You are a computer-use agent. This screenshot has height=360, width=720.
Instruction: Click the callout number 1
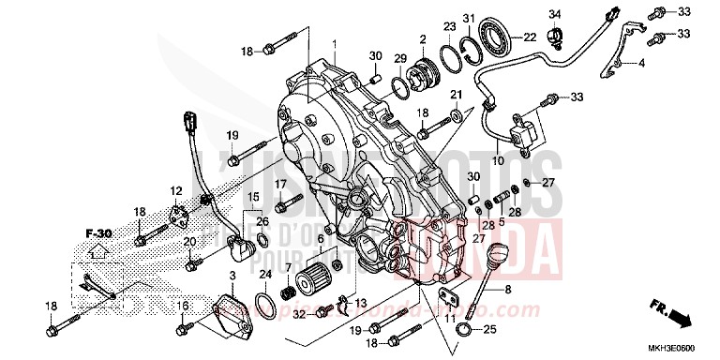pyautogui.click(x=333, y=44)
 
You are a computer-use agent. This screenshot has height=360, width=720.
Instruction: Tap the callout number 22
pyautogui.click(x=530, y=37)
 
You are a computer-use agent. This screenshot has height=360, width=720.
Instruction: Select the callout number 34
pyautogui.click(x=553, y=14)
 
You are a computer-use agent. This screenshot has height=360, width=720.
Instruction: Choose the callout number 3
pyautogui.click(x=232, y=274)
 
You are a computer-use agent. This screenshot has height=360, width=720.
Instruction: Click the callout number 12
pyautogui.click(x=175, y=191)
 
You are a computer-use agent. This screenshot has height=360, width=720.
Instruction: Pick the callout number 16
pyautogui.click(x=183, y=306)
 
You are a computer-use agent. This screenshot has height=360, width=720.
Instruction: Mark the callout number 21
pyautogui.click(x=457, y=95)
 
